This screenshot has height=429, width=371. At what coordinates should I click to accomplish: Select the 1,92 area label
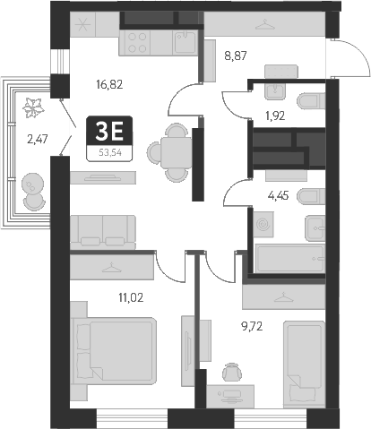(273, 115)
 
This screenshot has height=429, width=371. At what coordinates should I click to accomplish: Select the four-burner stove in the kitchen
(141, 42)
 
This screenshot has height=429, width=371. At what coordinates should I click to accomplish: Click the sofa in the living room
(103, 230)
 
